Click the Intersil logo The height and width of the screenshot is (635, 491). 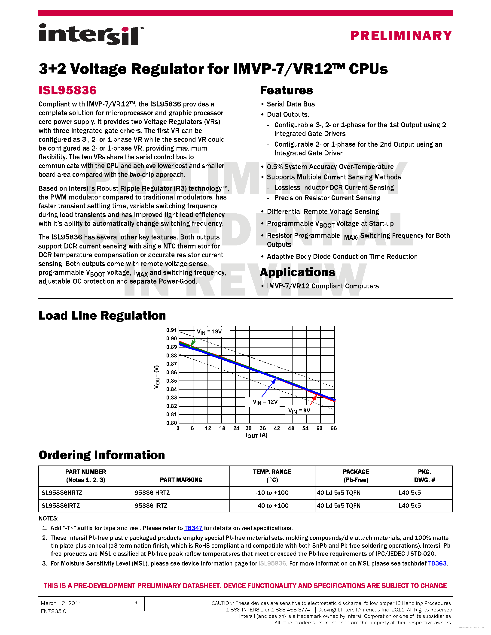coord(91,35)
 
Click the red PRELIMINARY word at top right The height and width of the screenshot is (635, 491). coord(401,36)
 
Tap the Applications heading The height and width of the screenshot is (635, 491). coord(297,272)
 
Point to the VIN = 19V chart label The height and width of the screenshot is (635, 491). coord(209,332)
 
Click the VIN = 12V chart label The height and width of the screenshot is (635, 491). coord(265,402)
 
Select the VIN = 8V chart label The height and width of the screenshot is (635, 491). coord(299,411)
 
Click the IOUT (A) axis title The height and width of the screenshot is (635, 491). coord(256,435)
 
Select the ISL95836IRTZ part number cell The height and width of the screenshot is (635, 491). coord(60,506)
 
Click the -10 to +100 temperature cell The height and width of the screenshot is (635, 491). coord(272,493)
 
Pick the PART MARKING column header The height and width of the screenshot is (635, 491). coord(181,480)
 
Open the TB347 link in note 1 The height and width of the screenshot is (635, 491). coord(193,528)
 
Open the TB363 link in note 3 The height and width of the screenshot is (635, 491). coord(437,563)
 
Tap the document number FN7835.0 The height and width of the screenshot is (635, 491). coord(54,611)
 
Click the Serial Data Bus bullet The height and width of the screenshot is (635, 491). coord(291,104)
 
